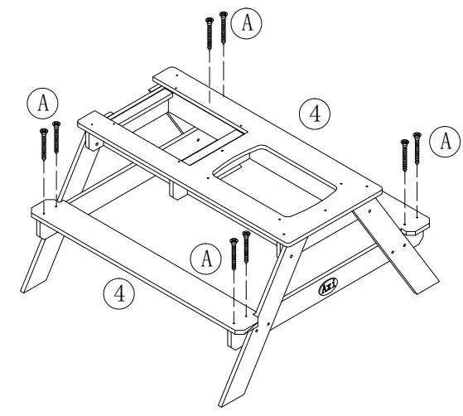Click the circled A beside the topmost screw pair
pos(246,24)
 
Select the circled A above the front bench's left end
pos(39,103)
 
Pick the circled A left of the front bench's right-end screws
pos(203,258)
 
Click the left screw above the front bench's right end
pos(234,253)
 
